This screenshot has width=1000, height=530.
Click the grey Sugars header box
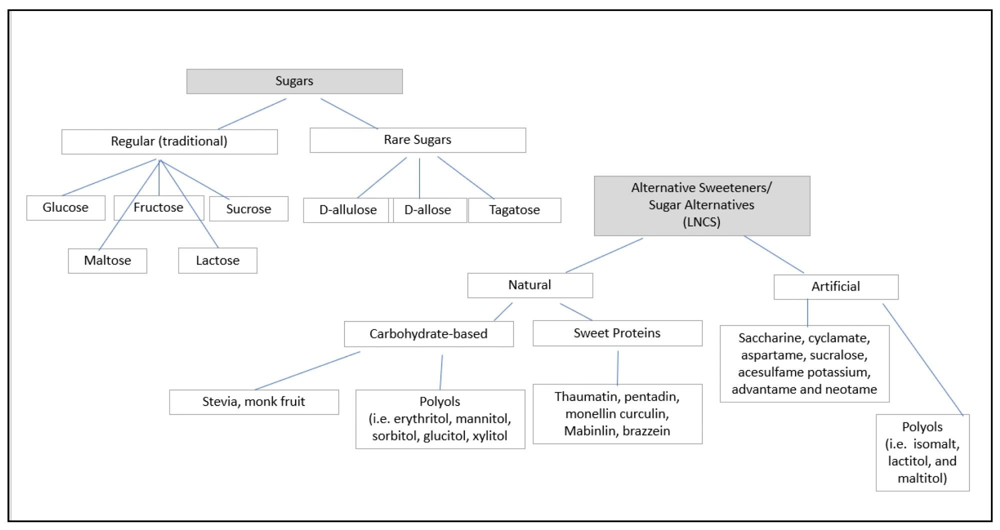294,81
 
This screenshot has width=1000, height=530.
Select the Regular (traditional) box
169,141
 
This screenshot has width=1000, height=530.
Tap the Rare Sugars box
417,140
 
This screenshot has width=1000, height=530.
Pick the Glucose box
65,207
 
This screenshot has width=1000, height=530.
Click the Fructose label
158,207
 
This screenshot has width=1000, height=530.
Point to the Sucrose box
248,209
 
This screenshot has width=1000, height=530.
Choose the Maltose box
107,260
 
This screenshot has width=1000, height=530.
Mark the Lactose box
217,260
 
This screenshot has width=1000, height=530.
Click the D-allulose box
347,210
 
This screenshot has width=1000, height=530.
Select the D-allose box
428,210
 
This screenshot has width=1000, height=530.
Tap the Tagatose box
514,210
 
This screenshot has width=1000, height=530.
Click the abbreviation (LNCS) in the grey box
701,222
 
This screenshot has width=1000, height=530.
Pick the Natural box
530,285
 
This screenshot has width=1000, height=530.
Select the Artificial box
835,286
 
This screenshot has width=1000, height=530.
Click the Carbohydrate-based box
428,334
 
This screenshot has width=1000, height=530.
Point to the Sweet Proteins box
617,333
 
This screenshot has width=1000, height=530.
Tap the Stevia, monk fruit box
253,402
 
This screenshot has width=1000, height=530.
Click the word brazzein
646,431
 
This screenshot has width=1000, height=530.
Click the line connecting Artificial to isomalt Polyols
922,359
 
